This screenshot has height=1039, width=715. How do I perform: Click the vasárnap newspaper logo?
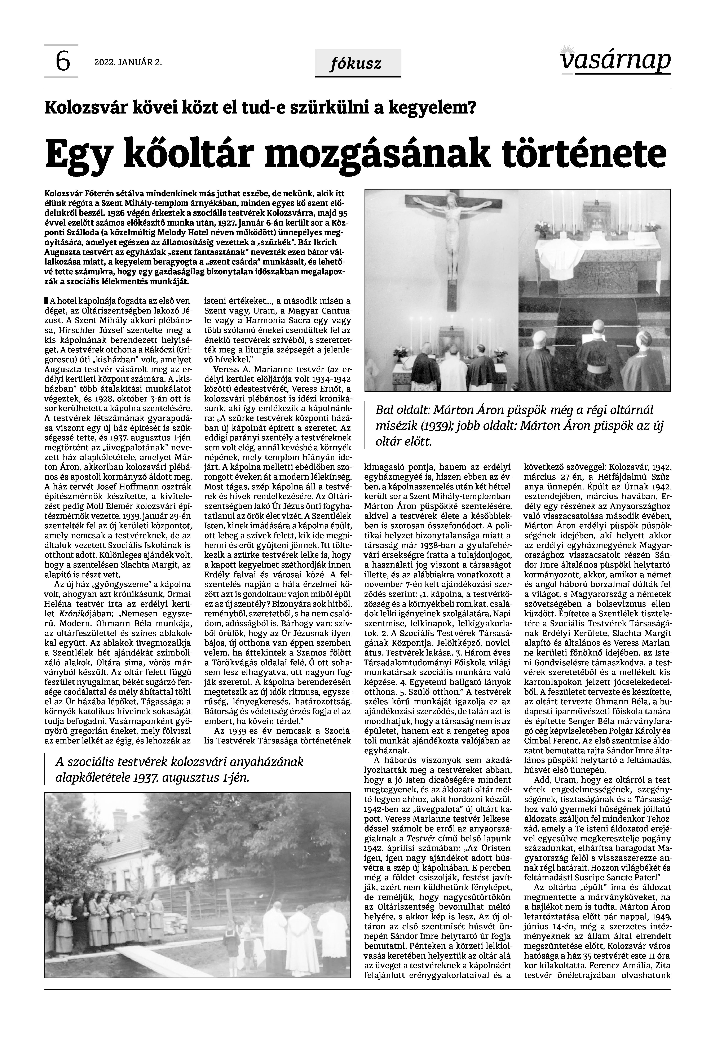[615, 61]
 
